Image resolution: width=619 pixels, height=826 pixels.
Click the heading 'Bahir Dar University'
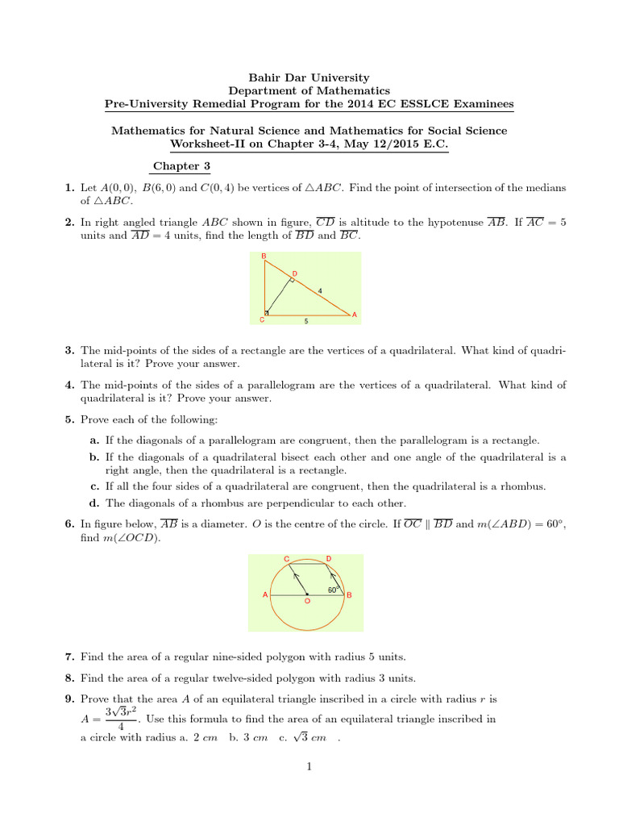click(x=309, y=78)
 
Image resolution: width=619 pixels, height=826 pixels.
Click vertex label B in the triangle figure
click(x=263, y=257)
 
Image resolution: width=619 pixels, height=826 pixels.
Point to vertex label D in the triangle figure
click(x=294, y=274)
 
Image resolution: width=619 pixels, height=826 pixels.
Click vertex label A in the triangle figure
click(x=355, y=315)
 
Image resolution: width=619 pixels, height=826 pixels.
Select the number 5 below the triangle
click(x=305, y=321)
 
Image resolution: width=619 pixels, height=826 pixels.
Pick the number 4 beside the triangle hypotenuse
click(x=320, y=290)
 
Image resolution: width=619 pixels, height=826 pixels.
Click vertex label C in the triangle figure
click(x=261, y=319)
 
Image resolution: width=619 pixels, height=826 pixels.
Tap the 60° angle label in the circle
click(x=332, y=590)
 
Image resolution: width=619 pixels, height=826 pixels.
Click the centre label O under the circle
click(x=306, y=602)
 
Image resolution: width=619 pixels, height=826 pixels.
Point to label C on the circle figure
click(x=286, y=558)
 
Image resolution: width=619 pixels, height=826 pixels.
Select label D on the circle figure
click(x=328, y=558)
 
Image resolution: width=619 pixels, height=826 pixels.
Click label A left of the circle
click(x=265, y=595)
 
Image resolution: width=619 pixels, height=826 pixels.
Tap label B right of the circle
click(x=349, y=595)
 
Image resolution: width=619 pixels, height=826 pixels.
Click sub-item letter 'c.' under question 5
click(x=94, y=486)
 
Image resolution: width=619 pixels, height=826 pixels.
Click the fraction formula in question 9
click(x=120, y=720)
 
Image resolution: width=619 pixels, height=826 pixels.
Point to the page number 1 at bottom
click(x=309, y=767)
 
